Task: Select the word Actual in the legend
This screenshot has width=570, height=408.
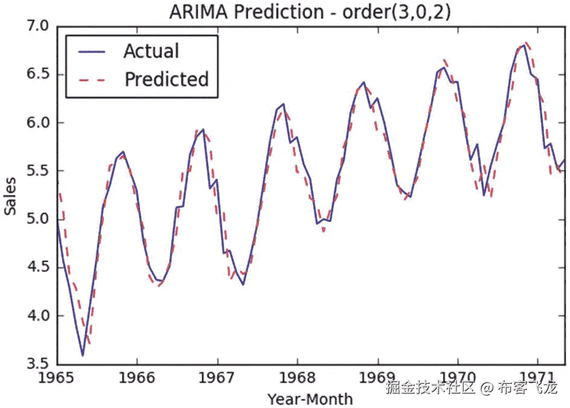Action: (151, 51)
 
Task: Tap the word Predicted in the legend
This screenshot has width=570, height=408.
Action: (166, 79)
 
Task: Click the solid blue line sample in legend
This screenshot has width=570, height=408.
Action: (92, 52)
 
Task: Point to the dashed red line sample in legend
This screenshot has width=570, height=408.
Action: (92, 80)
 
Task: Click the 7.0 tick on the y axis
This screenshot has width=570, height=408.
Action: (36, 27)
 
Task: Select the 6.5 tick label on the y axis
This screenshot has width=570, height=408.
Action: (36, 75)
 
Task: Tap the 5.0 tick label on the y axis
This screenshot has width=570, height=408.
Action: (36, 219)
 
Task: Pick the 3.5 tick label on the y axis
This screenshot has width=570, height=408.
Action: (36, 364)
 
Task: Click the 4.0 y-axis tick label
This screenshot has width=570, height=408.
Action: (36, 316)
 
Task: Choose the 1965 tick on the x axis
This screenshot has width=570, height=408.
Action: (57, 378)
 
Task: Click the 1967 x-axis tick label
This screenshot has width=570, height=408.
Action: (217, 378)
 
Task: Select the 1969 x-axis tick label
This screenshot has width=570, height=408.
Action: (378, 378)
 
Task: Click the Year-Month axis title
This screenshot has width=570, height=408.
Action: (310, 398)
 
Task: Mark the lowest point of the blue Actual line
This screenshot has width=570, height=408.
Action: (83, 356)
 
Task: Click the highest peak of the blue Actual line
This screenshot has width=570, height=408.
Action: (524, 45)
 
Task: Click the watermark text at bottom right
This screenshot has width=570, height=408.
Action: (472, 388)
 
